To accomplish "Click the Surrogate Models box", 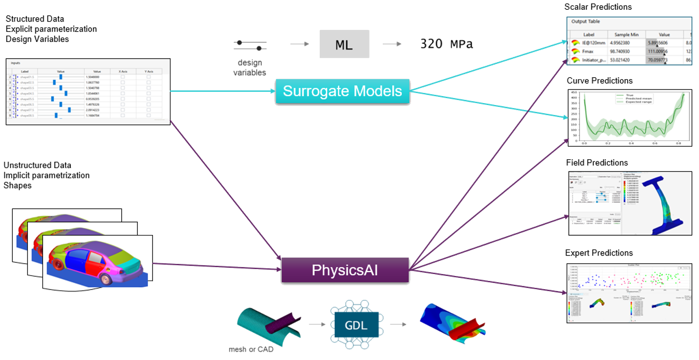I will pos(342,91).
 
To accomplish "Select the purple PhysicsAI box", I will pos(345,271).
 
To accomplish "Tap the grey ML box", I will pos(344,44).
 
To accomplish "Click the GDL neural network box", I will pos(356,325).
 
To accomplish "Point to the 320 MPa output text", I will pos(446,44).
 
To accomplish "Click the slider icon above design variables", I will pos(250,45).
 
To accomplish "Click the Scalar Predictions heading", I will pos(598,7).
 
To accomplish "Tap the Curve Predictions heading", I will pos(599,81).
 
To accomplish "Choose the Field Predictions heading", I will pos(597,163).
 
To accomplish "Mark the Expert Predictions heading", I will pos(599,253).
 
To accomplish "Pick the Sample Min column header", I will pos(627,35).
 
